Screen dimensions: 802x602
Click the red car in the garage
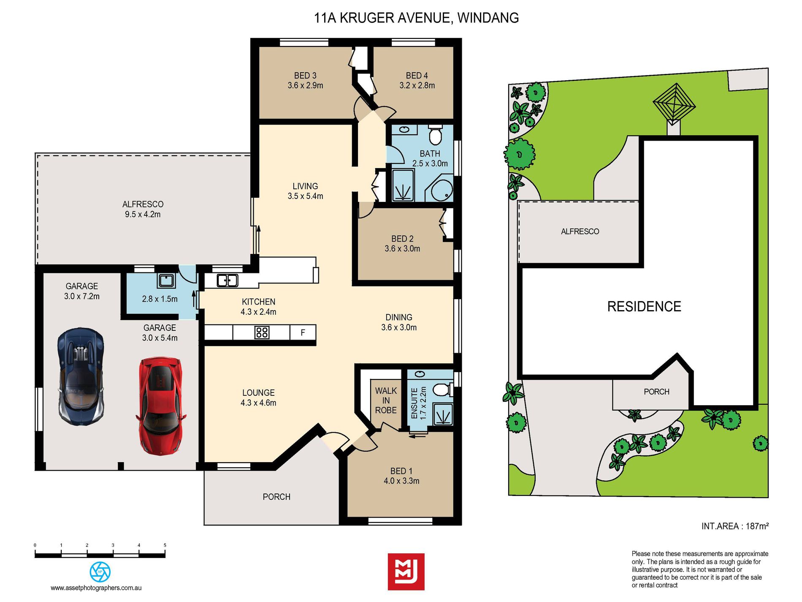(160, 406)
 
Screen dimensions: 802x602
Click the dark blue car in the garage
(81, 376)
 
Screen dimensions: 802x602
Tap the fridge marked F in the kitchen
(303, 332)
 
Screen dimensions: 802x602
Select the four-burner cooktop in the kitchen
(262, 332)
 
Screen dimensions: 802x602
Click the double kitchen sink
(227, 280)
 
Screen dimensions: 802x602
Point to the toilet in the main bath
(435, 134)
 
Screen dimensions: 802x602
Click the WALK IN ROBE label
(386, 400)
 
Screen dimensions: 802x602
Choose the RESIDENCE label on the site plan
(644, 306)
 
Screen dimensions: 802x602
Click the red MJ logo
(406, 572)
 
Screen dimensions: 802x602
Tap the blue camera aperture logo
(100, 572)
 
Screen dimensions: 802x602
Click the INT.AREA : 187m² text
(735, 526)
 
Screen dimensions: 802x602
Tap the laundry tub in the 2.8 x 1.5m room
(166, 281)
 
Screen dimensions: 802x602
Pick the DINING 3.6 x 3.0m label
(398, 322)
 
